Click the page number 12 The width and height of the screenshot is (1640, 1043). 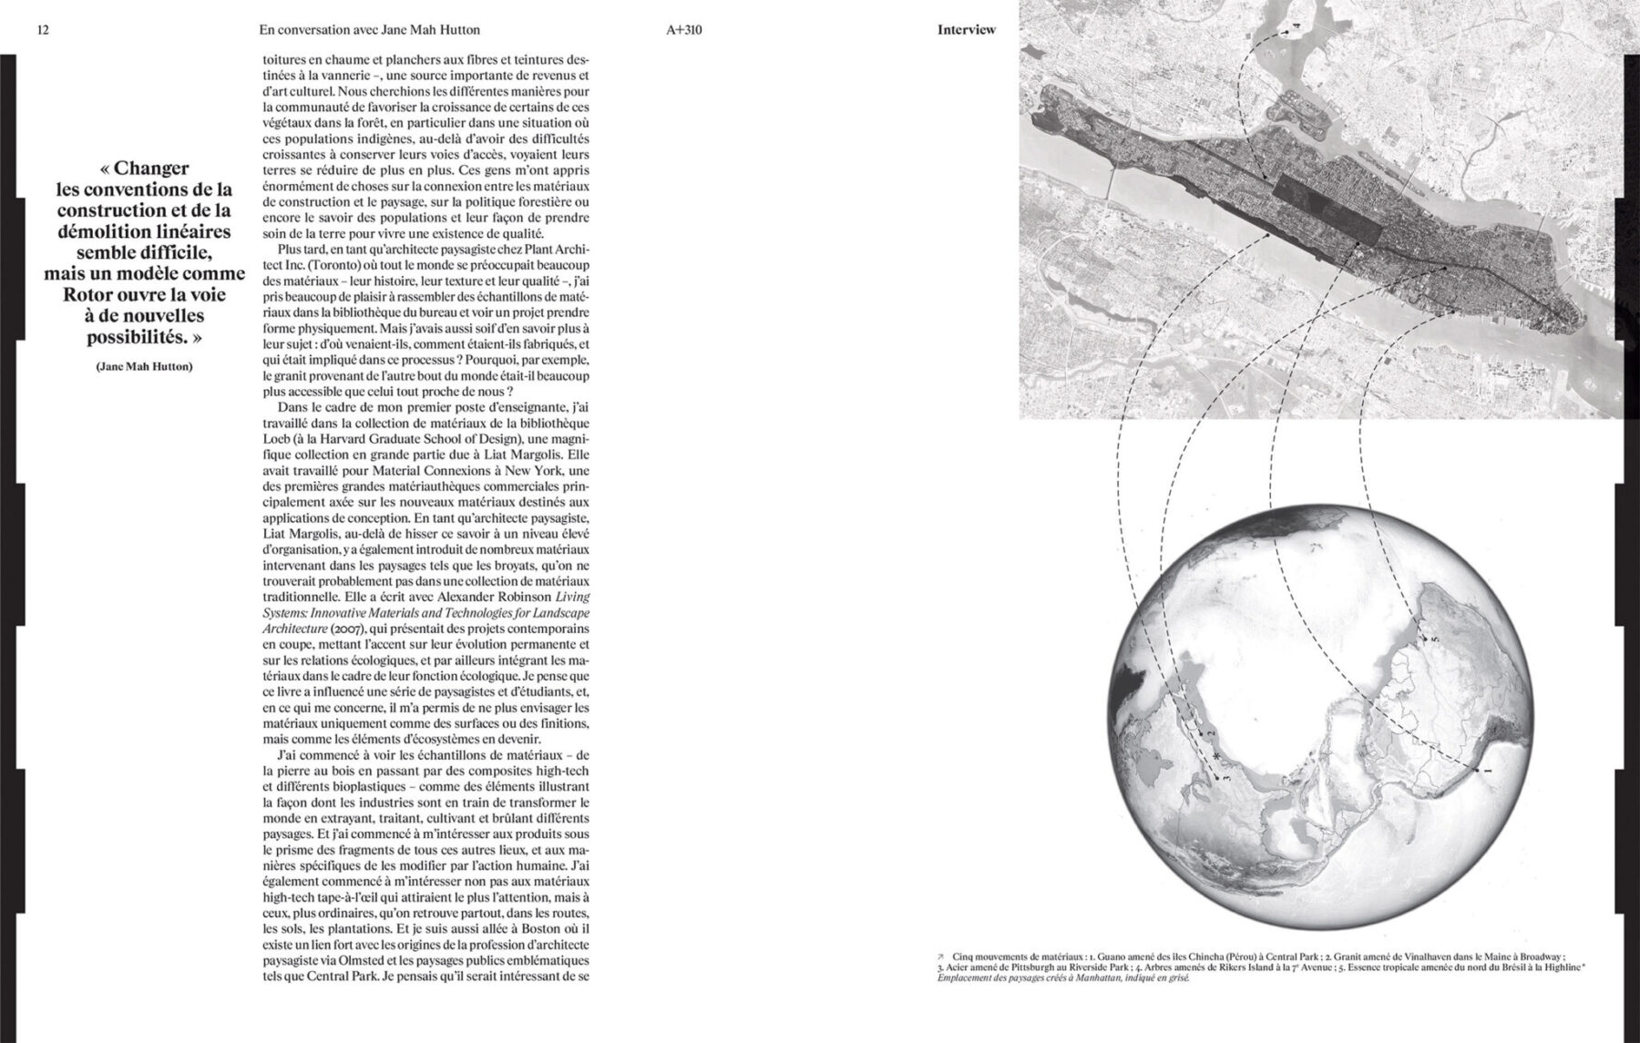point(42,30)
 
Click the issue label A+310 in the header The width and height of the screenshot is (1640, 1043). point(684,30)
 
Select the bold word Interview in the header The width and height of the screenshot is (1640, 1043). point(966,30)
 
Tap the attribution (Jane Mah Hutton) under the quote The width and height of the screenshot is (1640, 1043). point(144,366)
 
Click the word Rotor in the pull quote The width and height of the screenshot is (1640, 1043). point(88,295)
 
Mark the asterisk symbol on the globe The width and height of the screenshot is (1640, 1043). point(1215,745)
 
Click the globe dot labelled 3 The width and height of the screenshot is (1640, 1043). point(1218,777)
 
